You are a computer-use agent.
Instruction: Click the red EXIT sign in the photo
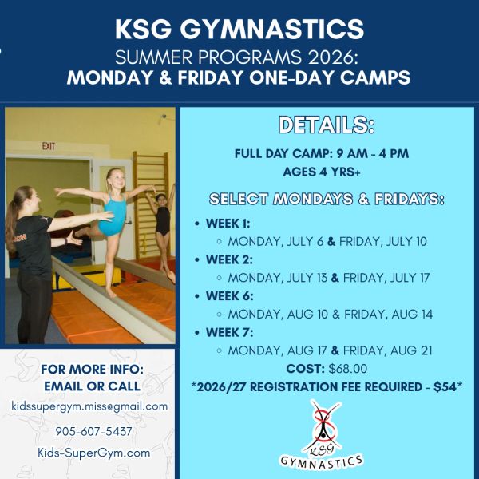(x=48, y=146)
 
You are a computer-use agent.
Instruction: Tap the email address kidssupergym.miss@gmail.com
(x=89, y=406)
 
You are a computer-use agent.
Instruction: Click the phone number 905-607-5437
(x=93, y=431)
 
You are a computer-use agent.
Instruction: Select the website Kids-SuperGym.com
(x=93, y=453)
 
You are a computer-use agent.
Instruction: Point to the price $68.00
(x=347, y=369)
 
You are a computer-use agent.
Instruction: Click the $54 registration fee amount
(x=445, y=386)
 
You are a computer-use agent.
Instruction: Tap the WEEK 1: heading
(x=228, y=224)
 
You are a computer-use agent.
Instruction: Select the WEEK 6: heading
(x=229, y=296)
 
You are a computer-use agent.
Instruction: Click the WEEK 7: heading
(x=229, y=332)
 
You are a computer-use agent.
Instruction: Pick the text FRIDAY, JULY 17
(x=386, y=278)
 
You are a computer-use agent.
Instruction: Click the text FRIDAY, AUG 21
(x=388, y=350)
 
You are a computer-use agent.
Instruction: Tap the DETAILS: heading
(x=327, y=125)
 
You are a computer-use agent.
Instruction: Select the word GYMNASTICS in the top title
(x=272, y=29)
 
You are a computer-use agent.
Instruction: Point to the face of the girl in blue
(x=117, y=180)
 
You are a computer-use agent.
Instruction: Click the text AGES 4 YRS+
(x=322, y=172)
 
